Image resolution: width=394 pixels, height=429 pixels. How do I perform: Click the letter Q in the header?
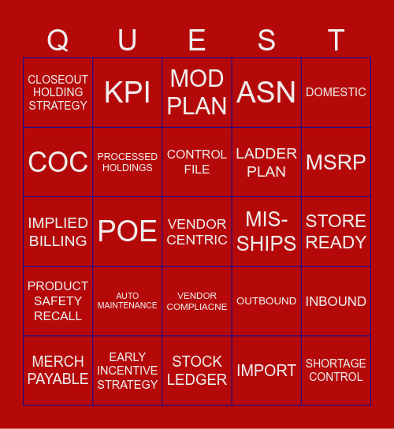click(x=58, y=40)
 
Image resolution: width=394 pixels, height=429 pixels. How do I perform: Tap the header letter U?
click(x=127, y=40)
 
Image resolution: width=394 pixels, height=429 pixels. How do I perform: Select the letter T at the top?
click(x=336, y=40)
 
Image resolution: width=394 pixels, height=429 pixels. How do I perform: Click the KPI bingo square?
click(x=128, y=92)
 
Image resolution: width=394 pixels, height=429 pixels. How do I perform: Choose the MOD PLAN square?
click(x=197, y=92)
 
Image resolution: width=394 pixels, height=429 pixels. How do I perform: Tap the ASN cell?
click(x=266, y=92)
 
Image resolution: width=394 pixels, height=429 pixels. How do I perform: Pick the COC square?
click(x=58, y=162)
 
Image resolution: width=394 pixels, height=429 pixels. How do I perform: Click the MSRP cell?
click(x=336, y=162)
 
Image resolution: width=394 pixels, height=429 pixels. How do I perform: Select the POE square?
click(x=128, y=231)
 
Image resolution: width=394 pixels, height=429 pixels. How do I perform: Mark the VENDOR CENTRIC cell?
click(x=197, y=231)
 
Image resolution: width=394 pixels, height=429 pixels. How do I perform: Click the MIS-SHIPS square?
click(x=266, y=231)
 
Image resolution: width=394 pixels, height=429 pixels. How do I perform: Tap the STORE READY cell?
click(x=336, y=231)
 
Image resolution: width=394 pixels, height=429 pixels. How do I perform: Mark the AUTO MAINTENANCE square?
click(x=128, y=300)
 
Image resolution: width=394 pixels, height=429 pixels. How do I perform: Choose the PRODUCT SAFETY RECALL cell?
click(x=58, y=300)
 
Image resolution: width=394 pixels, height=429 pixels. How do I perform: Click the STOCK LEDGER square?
click(x=197, y=370)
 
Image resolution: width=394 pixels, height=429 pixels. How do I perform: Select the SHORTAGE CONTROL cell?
click(x=336, y=370)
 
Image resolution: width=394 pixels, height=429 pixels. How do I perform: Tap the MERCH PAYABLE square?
click(x=58, y=370)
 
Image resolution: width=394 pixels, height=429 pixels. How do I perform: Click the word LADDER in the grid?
click(x=266, y=153)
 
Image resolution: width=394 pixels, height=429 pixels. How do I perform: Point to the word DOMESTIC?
click(x=336, y=92)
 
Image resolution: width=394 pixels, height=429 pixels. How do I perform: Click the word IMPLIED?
click(x=58, y=222)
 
